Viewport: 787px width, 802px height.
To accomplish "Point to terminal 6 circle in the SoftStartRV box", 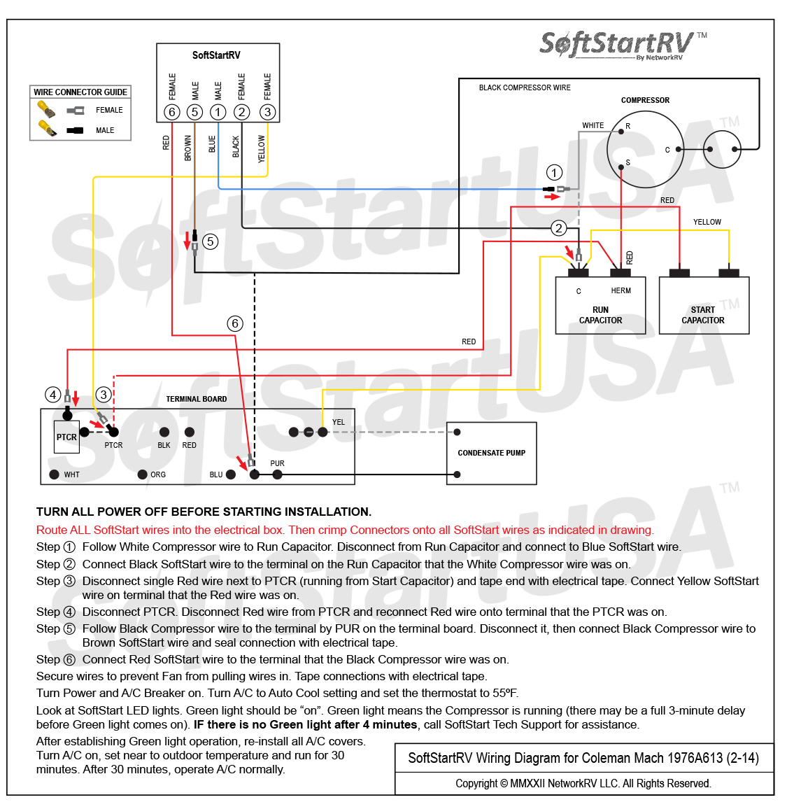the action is coord(172,112).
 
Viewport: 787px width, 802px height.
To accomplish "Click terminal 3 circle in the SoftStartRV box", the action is coord(267,112).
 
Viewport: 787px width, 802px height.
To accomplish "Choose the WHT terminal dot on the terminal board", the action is coord(54,474).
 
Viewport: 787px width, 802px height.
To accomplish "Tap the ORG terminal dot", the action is coord(143,474).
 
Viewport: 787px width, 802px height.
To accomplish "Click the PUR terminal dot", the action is coord(277,474).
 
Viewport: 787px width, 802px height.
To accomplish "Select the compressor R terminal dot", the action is coord(621,132).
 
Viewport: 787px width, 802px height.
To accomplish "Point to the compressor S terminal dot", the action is coord(621,167).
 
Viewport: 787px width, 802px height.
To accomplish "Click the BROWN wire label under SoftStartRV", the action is coord(187,148).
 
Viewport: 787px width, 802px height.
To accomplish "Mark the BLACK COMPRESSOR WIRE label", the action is coord(525,87).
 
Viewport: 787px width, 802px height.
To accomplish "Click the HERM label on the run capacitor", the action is coord(621,290).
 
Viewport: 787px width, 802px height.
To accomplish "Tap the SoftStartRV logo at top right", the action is coord(623,45).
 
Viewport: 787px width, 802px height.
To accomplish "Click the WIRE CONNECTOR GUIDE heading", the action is coord(80,92).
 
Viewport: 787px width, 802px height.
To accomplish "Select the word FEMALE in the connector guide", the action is coord(109,110).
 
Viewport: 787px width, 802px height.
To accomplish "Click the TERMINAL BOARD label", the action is coord(197,399).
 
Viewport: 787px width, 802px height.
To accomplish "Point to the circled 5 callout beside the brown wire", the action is coord(210,241).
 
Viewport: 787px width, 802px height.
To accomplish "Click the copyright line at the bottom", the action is coord(583,783).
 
